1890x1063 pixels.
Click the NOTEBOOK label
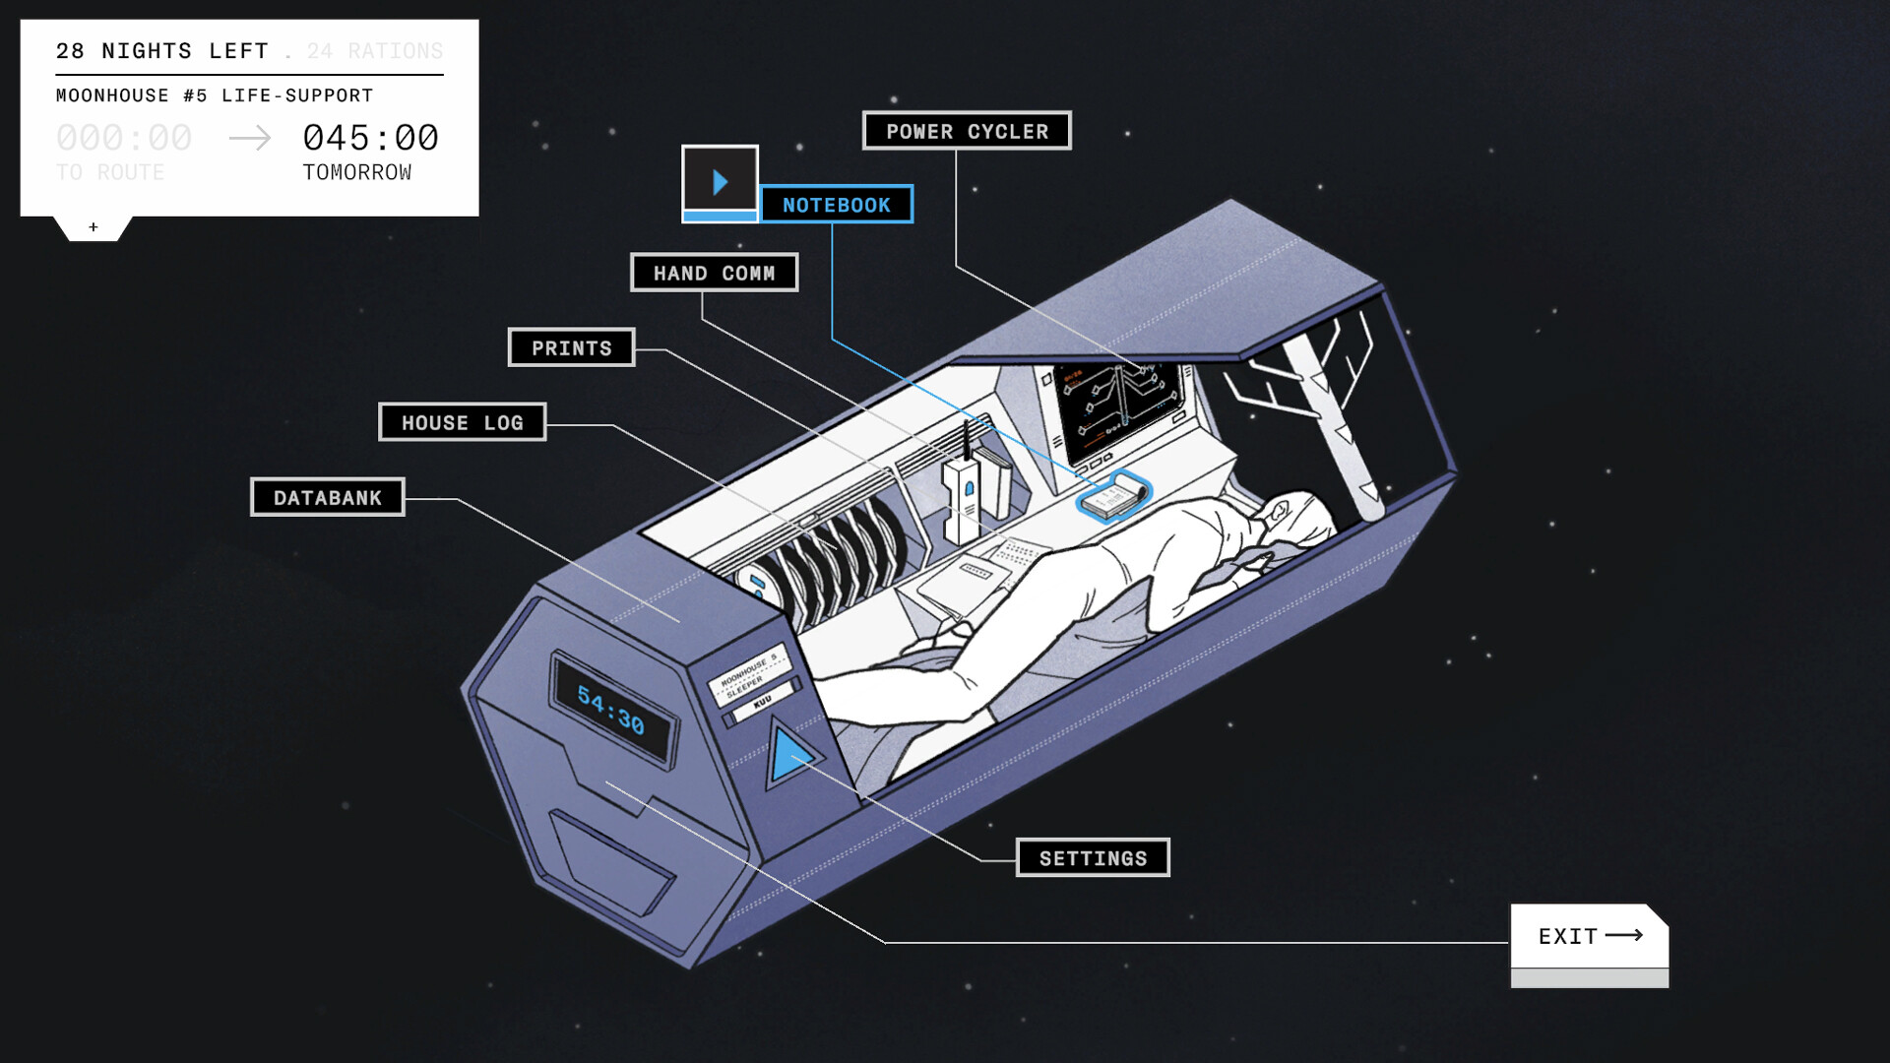click(836, 205)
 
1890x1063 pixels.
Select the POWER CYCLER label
click(967, 131)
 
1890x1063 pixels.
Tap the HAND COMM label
click(714, 273)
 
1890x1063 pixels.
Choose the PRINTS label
click(571, 347)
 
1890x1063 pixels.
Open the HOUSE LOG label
click(462, 422)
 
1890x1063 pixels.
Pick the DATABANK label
click(327, 497)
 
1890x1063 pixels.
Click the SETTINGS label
click(1093, 857)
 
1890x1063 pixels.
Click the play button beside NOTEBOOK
click(720, 181)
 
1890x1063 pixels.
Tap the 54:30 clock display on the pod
click(611, 710)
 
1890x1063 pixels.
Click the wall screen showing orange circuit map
click(1118, 403)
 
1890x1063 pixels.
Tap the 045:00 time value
click(370, 138)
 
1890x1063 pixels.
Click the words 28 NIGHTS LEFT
click(162, 51)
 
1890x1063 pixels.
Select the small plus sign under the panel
click(94, 227)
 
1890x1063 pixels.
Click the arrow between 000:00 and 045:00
click(250, 138)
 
